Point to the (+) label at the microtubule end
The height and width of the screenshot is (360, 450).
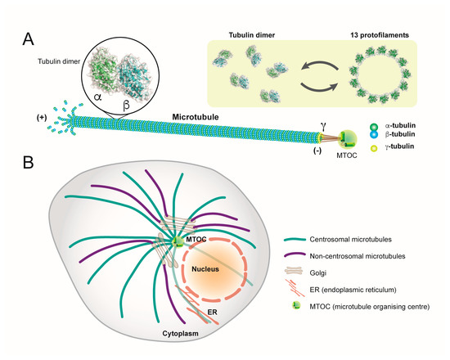coord(39,118)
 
